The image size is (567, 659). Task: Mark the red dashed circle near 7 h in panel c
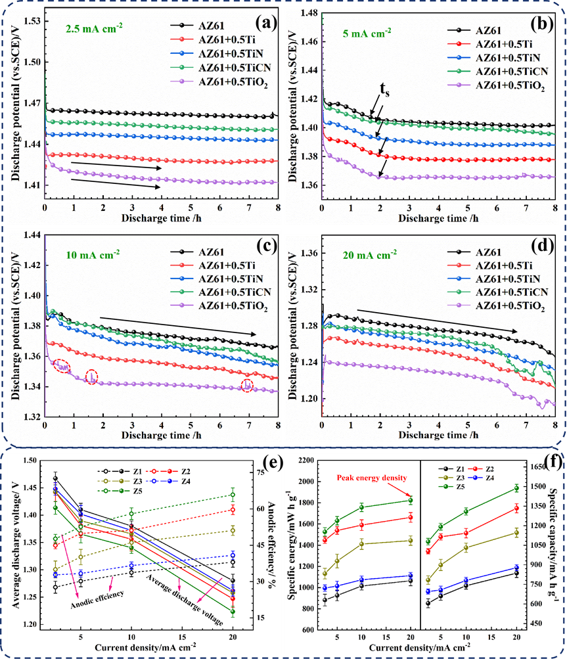pyautogui.click(x=247, y=386)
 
